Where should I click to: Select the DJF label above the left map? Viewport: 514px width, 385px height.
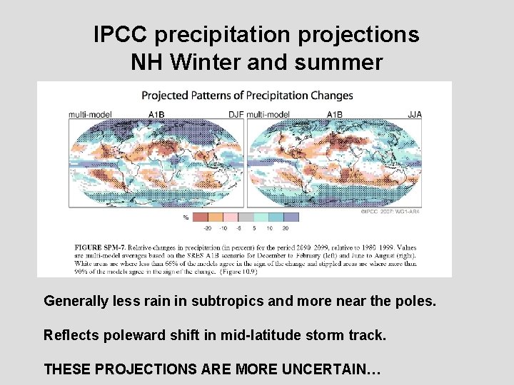[x=236, y=113]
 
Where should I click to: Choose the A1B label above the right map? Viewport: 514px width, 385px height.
[x=334, y=113]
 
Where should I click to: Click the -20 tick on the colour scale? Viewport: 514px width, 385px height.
[x=206, y=228]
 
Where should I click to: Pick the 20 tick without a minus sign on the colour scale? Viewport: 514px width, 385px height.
[x=286, y=228]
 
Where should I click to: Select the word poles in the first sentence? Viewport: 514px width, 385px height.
[x=414, y=301]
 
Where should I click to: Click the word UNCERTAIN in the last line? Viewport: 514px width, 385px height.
[x=331, y=369]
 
